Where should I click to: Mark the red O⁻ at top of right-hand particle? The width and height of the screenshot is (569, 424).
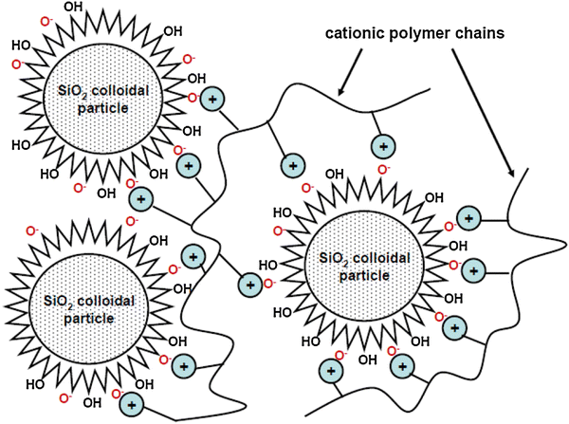coord(384,171)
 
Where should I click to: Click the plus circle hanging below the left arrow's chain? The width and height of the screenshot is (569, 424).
coord(383,146)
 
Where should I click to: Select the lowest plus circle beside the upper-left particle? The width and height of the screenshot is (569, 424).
coord(141,200)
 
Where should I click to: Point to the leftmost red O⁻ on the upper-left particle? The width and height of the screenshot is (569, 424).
coord(13,65)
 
